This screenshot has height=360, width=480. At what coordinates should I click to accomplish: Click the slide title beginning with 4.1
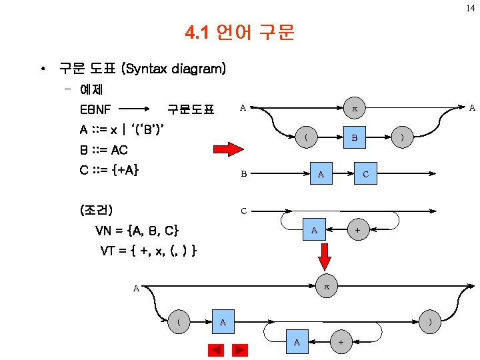239,32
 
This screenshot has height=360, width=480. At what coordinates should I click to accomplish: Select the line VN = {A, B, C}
137,231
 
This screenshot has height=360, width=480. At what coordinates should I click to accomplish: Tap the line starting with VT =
148,251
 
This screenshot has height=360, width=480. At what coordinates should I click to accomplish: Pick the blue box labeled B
355,138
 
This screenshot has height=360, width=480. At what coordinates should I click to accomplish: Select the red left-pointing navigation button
215,349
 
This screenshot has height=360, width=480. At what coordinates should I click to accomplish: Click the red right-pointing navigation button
239,349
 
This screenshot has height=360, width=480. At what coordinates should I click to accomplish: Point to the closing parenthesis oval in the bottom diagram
430,322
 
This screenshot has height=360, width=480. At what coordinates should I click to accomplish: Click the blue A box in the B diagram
321,174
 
